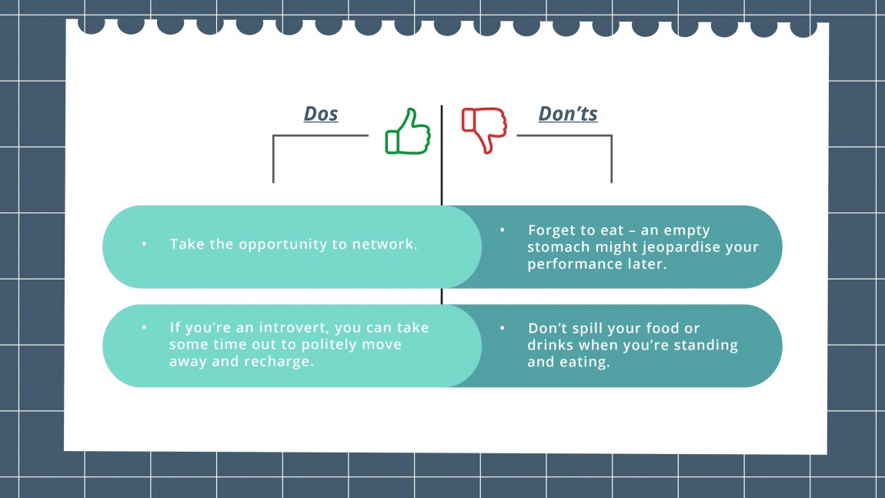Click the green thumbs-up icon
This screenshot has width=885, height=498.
[408, 132]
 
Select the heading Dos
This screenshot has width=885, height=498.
[321, 114]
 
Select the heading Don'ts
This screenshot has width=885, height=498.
[568, 114]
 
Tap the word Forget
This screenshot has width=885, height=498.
[553, 230]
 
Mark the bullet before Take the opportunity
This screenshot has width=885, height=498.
[143, 244]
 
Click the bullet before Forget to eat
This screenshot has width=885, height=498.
[502, 230]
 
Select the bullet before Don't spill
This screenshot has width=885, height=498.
[502, 328]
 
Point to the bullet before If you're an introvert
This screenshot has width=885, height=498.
[143, 328]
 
